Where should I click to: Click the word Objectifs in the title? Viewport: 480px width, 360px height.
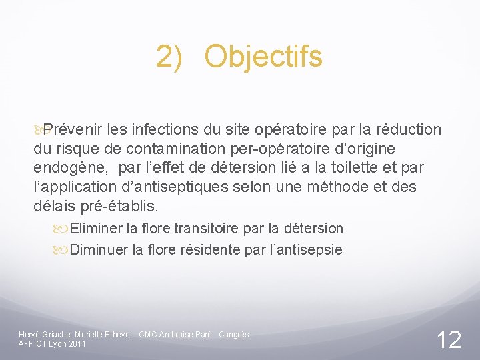(263, 57)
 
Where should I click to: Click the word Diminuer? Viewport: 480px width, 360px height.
(99, 250)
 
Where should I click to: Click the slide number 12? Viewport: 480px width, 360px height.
(449, 340)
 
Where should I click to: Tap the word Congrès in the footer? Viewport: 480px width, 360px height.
(234, 334)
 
